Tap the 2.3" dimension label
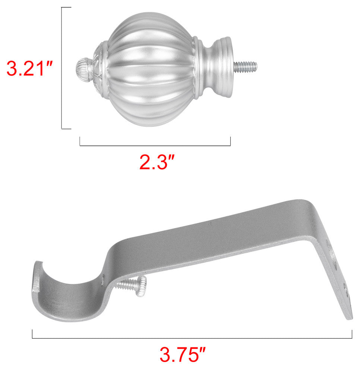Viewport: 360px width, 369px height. pyautogui.click(x=157, y=162)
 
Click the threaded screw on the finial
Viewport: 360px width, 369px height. pyautogui.click(x=245, y=66)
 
